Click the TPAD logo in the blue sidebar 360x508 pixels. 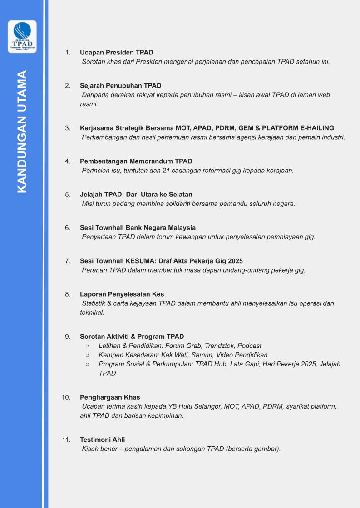coord(22,36)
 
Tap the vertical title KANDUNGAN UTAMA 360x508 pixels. coord(22,132)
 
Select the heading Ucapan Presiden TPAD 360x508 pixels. coord(117,53)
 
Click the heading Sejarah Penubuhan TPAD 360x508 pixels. coord(120,86)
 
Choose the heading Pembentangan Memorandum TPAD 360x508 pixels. coord(136,161)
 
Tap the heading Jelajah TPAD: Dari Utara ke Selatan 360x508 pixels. coord(136,195)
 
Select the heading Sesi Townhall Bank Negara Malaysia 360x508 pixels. coord(138,228)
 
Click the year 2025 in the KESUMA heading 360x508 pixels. coord(235,261)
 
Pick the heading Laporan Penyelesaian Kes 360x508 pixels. coord(122,294)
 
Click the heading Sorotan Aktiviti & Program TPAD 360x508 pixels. coord(132,337)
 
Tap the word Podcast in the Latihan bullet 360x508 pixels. coord(250,346)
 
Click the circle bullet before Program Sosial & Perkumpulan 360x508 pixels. coord(87,364)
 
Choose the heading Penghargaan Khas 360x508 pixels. coord(110,397)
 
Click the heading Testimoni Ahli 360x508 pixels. coord(102,440)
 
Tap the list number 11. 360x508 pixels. coord(66,440)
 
